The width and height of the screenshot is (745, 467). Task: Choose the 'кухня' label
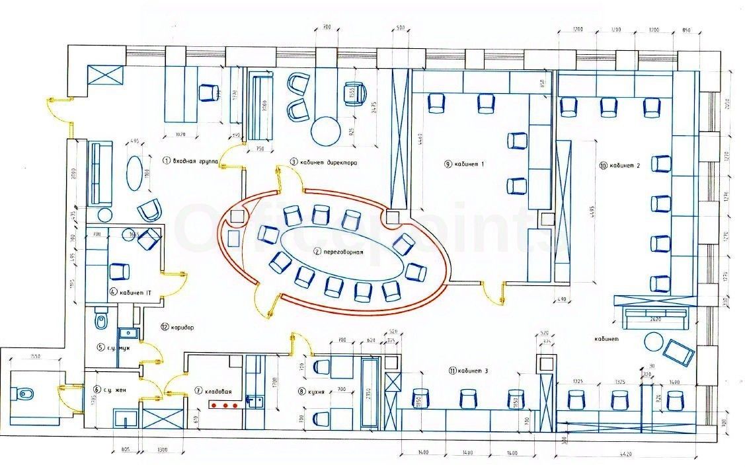[x=314, y=392]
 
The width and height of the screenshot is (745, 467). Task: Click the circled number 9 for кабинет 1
[x=448, y=163]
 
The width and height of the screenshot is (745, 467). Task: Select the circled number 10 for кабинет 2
[x=603, y=166]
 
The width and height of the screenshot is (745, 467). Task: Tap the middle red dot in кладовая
[x=224, y=405]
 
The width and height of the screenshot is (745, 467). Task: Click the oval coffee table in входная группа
[x=134, y=173]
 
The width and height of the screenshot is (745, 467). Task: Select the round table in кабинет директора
[x=325, y=131]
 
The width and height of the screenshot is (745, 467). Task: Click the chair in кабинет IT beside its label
[x=120, y=271]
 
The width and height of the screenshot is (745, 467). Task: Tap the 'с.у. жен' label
[x=116, y=390]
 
